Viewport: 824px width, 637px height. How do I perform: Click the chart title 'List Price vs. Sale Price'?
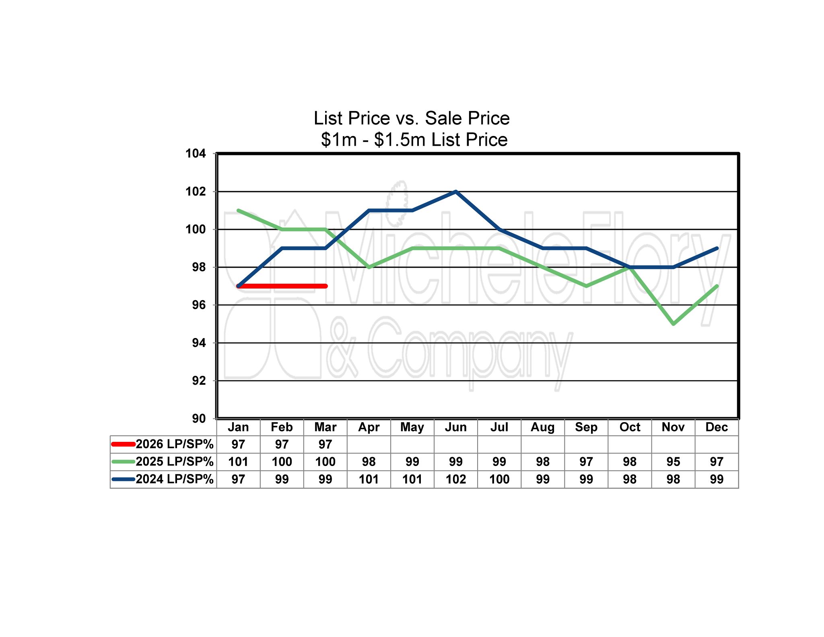[412, 118]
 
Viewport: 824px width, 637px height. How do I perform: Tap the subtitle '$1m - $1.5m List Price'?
[414, 140]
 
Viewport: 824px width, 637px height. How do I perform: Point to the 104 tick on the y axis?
[196, 153]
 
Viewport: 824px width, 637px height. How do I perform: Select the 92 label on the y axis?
[199, 380]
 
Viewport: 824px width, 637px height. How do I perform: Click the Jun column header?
[455, 427]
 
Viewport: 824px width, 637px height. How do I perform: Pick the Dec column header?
[716, 427]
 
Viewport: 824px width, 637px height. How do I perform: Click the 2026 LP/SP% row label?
[174, 444]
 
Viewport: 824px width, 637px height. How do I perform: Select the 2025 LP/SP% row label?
[174, 462]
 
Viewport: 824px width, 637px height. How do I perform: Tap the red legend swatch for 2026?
[123, 444]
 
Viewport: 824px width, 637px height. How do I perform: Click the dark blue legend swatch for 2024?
[123, 479]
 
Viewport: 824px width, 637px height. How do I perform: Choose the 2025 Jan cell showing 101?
[238, 462]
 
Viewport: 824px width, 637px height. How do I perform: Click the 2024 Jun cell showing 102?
[455, 479]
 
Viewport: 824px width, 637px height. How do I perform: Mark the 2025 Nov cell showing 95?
[673, 462]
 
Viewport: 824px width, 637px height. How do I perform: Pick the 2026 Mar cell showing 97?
[325, 444]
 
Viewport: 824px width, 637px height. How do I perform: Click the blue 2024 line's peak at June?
[455, 192]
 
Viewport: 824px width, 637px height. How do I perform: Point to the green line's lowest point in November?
[673, 324]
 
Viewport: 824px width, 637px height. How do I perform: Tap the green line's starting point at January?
[239, 210]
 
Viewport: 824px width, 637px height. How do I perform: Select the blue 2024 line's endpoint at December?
[717, 248]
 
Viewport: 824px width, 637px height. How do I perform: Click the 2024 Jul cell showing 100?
[499, 479]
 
